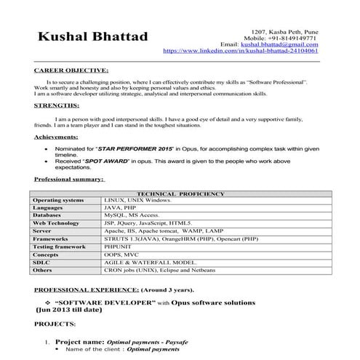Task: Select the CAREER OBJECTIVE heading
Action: [71, 72]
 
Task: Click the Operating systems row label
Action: [59, 200]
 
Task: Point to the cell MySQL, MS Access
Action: [131, 216]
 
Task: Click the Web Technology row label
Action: [57, 223]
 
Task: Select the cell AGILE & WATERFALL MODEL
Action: [150, 263]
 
